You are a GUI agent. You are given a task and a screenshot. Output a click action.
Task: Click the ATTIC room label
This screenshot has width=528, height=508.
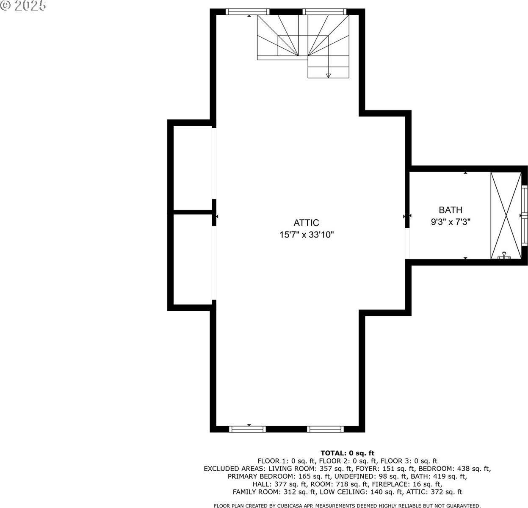click(x=306, y=223)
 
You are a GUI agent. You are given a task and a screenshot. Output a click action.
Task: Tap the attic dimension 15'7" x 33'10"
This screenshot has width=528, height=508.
click(x=307, y=235)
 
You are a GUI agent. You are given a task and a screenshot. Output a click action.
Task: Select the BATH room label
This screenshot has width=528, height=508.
click(x=451, y=210)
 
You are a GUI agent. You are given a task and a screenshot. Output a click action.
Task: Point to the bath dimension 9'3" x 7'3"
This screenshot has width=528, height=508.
click(x=451, y=221)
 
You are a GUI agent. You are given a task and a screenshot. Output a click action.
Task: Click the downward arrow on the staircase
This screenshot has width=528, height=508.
click(x=328, y=75)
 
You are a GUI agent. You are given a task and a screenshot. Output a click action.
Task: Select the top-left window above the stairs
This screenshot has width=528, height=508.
click(x=248, y=12)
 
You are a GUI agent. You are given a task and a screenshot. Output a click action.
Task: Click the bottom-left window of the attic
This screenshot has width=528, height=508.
click(x=248, y=429)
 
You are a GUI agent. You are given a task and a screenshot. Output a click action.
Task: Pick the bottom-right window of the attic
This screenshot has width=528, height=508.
click(x=325, y=429)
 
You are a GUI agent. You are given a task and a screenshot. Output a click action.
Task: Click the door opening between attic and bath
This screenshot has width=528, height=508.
click(x=407, y=244)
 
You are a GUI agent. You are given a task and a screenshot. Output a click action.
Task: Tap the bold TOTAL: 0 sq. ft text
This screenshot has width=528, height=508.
click(x=347, y=453)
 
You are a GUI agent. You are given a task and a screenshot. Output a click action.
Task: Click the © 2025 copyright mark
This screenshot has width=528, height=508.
click(x=23, y=6)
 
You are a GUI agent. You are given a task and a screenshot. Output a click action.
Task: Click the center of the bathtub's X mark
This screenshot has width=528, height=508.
click(x=506, y=215)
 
